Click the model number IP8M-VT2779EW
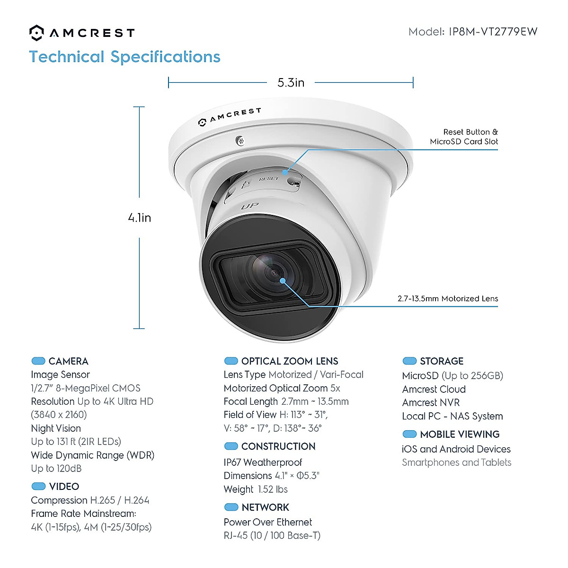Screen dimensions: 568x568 tap(493, 32)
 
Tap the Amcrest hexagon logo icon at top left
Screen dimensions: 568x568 tap(36, 33)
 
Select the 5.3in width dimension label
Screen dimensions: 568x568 tap(291, 83)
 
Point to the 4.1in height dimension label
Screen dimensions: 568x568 tap(140, 218)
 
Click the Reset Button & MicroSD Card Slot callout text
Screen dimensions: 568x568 tap(464, 137)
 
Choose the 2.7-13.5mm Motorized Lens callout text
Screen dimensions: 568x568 tap(448, 299)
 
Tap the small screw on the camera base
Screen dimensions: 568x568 tap(240, 140)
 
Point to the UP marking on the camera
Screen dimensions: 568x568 tap(249, 206)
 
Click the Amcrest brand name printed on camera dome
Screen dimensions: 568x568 tap(235, 115)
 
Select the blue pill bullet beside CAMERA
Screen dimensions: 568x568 tap(38, 361)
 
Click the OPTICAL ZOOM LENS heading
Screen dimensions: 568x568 tap(290, 361)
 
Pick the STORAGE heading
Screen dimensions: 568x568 tap(442, 361)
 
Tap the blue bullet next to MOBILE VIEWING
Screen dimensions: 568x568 tap(409, 434)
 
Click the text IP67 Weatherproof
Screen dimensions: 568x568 tap(263, 462)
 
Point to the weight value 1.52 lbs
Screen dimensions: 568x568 tap(273, 489)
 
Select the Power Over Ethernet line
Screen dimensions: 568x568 tap(268, 522)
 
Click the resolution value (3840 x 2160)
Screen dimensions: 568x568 tap(59, 415)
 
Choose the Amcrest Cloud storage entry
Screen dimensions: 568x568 tap(434, 389)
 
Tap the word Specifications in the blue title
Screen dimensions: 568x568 tap(165, 57)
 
